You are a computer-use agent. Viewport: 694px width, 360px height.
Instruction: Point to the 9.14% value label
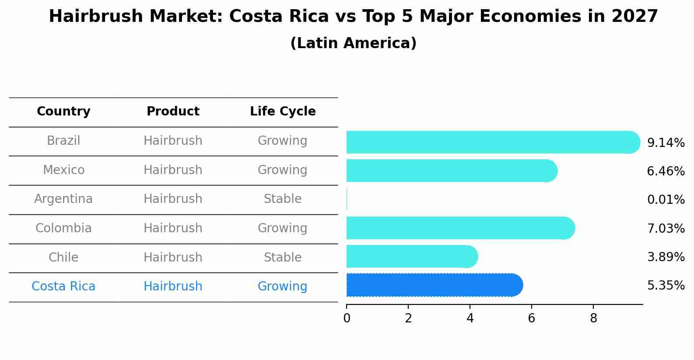(666, 143)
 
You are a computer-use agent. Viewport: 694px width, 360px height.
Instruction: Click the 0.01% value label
(666, 200)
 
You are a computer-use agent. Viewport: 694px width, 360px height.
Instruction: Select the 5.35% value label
(666, 286)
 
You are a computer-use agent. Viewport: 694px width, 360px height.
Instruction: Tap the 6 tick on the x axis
(532, 318)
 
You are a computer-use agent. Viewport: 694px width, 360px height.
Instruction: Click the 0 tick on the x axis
(347, 318)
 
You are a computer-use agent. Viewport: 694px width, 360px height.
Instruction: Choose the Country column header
(63, 112)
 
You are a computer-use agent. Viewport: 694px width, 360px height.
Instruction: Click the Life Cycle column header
(283, 112)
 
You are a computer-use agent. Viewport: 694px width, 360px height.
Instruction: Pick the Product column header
(173, 112)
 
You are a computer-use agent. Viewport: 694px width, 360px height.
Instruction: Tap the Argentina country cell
(63, 199)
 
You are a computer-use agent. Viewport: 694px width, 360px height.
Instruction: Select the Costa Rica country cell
(63, 287)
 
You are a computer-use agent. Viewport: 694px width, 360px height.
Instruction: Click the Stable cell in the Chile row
(283, 257)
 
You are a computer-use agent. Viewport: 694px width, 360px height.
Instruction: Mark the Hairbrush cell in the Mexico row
(173, 170)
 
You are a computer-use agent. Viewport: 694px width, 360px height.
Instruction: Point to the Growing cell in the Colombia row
(283, 228)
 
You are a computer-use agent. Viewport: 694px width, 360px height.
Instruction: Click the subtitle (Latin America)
(353, 43)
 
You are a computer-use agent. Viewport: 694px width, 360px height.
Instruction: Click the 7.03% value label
(666, 228)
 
